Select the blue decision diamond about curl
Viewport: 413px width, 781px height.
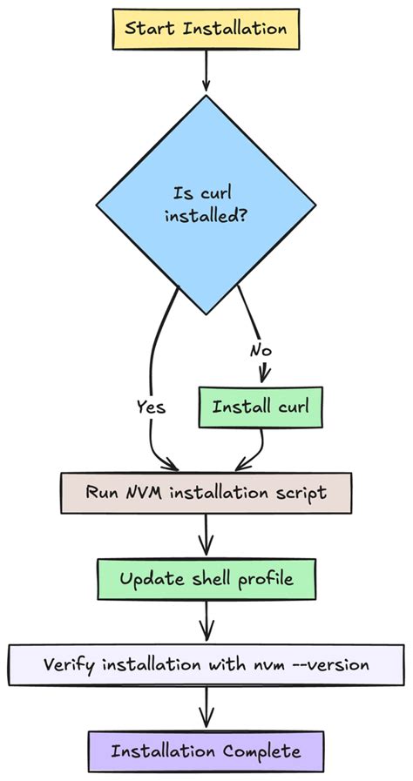pos(206,204)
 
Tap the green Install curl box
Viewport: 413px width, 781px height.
pos(254,407)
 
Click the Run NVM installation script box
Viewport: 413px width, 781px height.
pos(206,492)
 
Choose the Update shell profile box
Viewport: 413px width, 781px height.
pos(206,579)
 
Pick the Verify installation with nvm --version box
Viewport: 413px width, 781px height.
pos(206,664)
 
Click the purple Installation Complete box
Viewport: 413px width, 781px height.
pos(206,751)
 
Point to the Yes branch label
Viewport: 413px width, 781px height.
pos(151,407)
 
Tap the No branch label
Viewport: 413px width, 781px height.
pos(261,351)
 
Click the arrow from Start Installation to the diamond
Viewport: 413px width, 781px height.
pos(206,71)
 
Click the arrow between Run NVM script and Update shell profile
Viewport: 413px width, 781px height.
pos(206,535)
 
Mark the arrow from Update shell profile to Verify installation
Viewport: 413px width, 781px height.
pos(206,622)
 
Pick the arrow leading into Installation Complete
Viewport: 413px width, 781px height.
pos(206,707)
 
